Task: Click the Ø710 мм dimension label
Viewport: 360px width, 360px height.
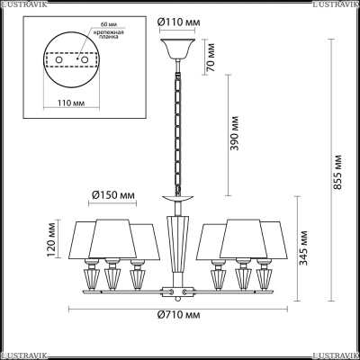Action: [178, 315]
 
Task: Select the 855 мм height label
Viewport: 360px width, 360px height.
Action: [338, 172]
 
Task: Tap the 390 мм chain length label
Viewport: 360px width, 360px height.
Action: [235, 133]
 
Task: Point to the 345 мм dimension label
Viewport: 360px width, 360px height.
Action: [304, 247]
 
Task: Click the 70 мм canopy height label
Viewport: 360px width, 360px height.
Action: [211, 57]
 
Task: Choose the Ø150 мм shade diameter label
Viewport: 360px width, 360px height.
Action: [113, 195]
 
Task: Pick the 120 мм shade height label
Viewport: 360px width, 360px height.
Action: [51, 240]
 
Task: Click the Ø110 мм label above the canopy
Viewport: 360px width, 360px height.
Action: [178, 22]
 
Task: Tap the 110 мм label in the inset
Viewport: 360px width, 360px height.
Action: [71, 103]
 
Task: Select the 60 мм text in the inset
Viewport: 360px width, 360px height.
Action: [105, 24]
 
